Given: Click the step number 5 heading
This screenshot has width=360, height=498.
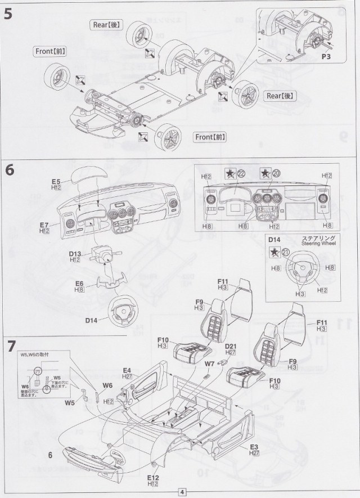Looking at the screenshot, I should (x=8, y=15).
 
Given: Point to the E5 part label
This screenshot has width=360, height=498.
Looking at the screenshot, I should (x=56, y=182).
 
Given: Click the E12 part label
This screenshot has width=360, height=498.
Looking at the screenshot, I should (x=152, y=477).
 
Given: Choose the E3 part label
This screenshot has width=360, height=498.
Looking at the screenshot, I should (x=255, y=446).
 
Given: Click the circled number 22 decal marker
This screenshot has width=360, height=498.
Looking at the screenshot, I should (x=241, y=173).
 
